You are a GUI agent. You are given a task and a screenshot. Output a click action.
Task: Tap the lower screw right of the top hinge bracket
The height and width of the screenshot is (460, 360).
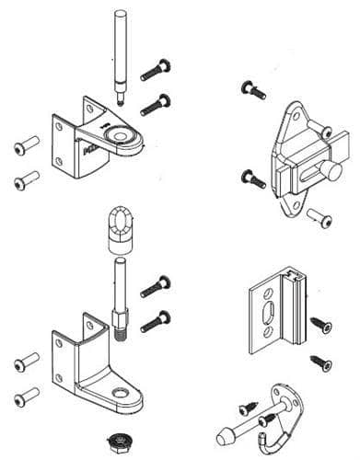point(157,102)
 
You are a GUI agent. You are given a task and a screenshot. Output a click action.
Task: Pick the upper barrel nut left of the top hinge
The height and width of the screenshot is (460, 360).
point(23,144)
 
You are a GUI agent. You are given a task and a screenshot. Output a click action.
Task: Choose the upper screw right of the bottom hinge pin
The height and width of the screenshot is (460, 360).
point(154,286)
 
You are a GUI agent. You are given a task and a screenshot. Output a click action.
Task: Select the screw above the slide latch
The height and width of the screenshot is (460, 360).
point(251,88)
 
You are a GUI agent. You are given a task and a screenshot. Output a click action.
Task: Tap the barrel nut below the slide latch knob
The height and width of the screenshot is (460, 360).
point(319,216)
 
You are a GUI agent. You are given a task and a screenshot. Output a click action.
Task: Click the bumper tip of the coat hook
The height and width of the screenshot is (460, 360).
point(222,437)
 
